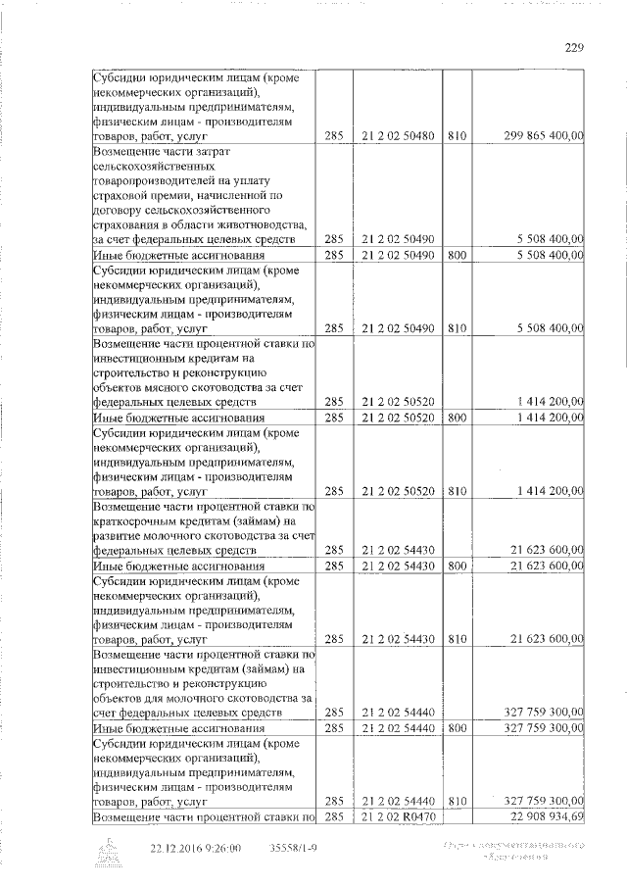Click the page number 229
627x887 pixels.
click(x=575, y=45)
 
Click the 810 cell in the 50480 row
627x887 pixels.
click(x=457, y=138)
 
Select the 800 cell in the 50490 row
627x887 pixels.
click(x=457, y=255)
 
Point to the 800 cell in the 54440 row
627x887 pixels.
click(x=457, y=729)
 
